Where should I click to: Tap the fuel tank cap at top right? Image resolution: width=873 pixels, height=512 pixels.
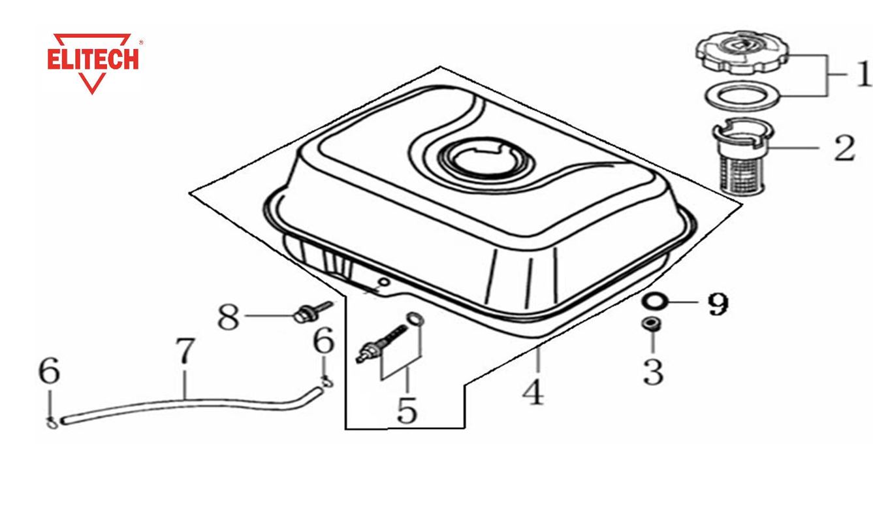coord(742,55)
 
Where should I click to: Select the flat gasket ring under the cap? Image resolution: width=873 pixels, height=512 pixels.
coord(743,95)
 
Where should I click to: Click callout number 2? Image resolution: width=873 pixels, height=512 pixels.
coord(844,148)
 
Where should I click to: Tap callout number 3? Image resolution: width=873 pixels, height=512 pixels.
coord(653,372)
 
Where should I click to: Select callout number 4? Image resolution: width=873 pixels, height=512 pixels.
coord(533,392)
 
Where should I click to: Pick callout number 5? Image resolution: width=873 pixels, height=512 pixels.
coord(407,410)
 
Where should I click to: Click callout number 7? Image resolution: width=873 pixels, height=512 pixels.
coord(185,351)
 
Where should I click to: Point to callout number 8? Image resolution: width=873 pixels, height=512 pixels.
coord(228,317)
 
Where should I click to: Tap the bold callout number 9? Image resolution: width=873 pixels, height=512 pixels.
coord(718,304)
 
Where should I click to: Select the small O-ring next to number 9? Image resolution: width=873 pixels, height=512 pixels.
coord(655,302)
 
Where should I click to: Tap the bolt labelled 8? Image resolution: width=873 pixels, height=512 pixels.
coord(312,312)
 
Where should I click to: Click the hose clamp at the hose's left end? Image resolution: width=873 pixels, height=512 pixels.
coord(52,423)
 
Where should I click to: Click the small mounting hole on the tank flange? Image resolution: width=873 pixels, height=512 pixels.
coord(385,281)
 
